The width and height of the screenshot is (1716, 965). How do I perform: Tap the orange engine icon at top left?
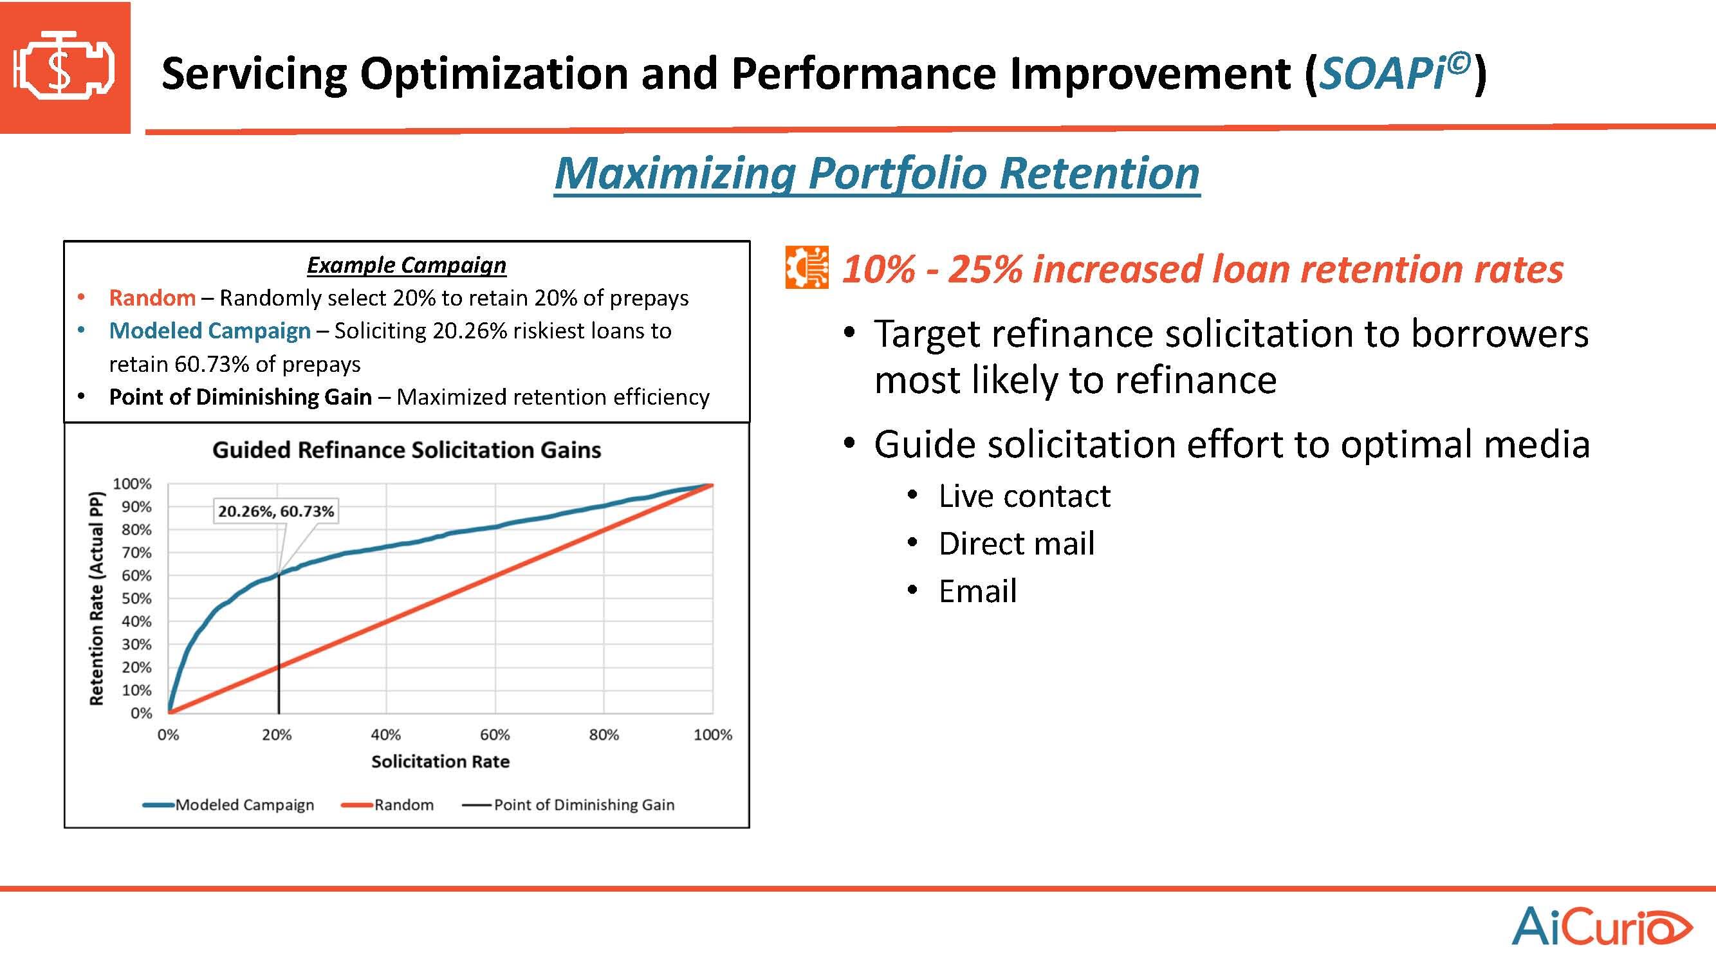coord(64,68)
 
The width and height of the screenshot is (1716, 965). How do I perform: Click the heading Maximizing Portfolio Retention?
coord(876,173)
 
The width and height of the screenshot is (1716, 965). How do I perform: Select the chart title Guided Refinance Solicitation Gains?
coord(407,450)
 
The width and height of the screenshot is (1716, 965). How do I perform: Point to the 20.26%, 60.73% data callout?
coord(276,511)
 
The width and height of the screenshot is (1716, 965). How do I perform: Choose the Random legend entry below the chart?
coord(388,805)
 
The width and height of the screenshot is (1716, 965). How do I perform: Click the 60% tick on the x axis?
coord(495,735)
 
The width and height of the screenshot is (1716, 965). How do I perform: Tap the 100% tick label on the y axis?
coord(132,484)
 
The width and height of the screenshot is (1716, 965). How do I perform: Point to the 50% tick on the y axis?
coord(136,599)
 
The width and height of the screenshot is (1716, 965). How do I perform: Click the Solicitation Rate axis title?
coord(440,761)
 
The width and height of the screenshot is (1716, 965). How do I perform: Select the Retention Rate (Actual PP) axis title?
coord(97,599)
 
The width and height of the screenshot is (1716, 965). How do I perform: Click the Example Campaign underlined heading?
coord(407,265)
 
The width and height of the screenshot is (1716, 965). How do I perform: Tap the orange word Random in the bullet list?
coord(152,298)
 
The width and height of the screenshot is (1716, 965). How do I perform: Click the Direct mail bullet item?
coord(1016,544)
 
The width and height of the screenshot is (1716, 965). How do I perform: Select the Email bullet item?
coord(977,591)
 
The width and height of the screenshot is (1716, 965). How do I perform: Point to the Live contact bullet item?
coord(1024,496)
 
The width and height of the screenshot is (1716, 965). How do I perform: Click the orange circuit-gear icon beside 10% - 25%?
coord(807,268)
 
